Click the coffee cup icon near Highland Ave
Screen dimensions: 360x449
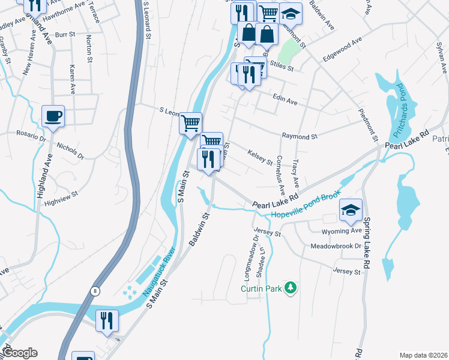pyautogui.click(x=53, y=116)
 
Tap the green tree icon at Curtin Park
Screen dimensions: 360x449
pyautogui.click(x=291, y=289)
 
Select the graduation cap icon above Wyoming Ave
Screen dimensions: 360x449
pyautogui.click(x=351, y=209)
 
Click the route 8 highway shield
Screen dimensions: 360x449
pyautogui.click(x=95, y=292)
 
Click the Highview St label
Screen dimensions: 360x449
pyautogui.click(x=61, y=196)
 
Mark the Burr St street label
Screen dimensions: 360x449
pyautogui.click(x=63, y=35)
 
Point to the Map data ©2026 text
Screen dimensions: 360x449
pyautogui.click(x=423, y=355)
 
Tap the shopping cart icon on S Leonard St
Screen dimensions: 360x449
pyautogui.click(x=191, y=123)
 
